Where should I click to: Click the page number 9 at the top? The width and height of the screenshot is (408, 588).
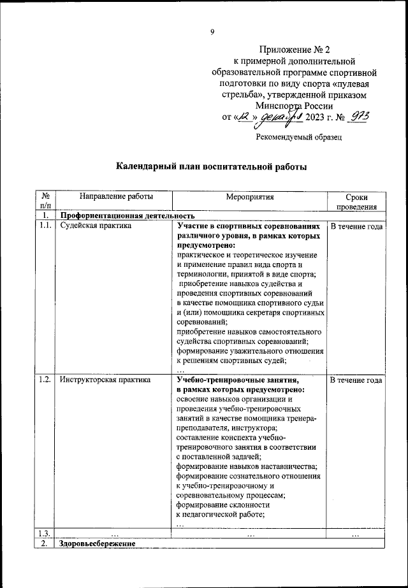212,33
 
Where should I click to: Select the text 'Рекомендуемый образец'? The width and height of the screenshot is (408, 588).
298,136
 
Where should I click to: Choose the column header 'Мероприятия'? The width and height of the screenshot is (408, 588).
249,197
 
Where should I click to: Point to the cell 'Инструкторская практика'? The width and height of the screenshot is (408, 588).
105,380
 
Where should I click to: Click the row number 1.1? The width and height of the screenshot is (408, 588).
45,226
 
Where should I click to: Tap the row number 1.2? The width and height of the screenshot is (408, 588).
45,380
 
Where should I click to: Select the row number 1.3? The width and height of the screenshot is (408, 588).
45,533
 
